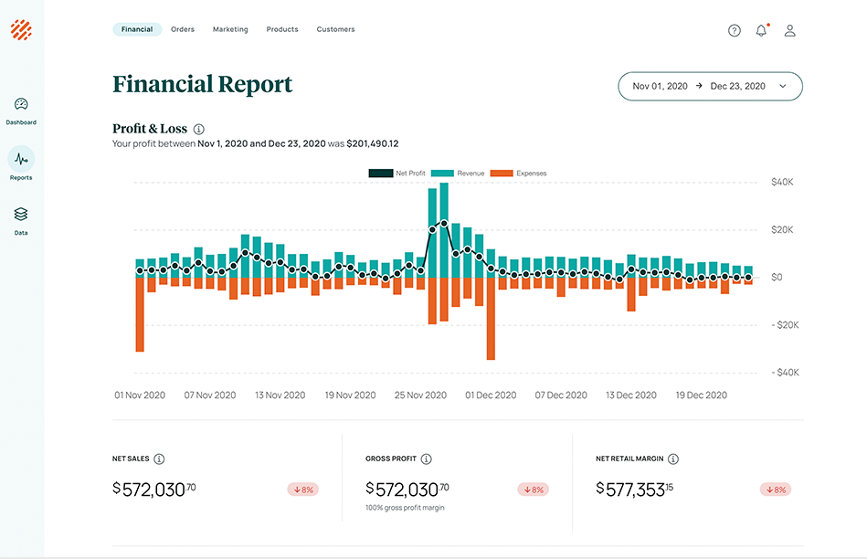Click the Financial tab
(x=137, y=29)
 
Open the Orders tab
(x=183, y=29)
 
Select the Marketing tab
(x=230, y=29)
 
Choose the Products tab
(x=282, y=29)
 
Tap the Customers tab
(x=335, y=29)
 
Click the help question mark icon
(x=735, y=30)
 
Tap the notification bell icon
(x=761, y=30)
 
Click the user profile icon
(x=790, y=30)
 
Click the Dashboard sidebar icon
(x=21, y=105)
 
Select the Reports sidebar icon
(x=21, y=160)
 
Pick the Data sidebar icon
(x=21, y=215)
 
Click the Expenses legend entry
(x=519, y=173)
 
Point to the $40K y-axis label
(x=781, y=182)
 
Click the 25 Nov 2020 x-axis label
(x=420, y=396)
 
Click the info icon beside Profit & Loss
(x=199, y=130)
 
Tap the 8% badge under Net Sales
(x=301, y=490)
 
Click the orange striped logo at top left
(x=21, y=30)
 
